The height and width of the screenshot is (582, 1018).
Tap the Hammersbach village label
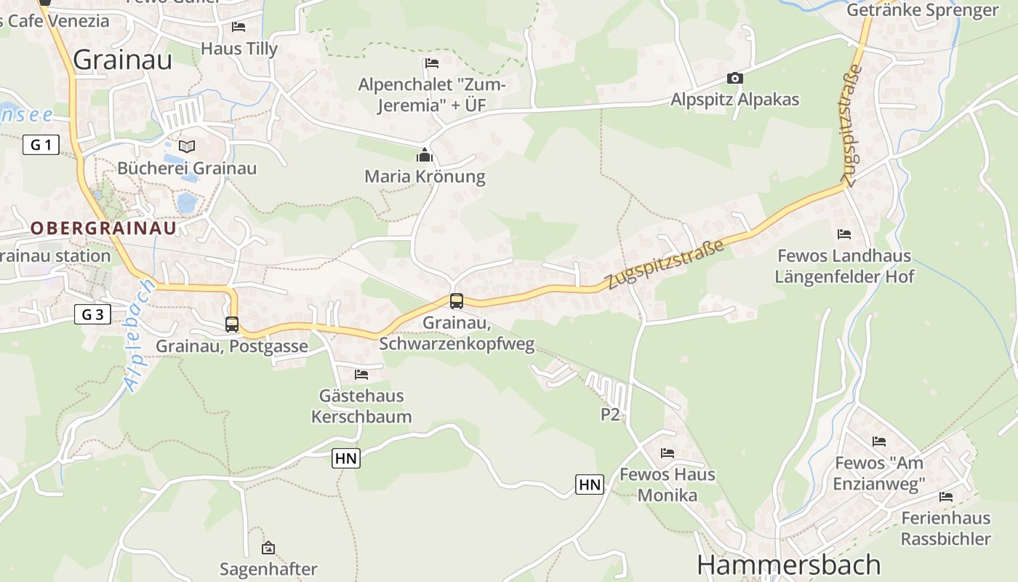coord(788,565)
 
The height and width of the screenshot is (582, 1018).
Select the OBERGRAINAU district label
coord(103,228)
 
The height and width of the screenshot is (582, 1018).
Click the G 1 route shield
coord(41,145)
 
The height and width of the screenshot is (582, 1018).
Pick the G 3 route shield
coord(92,314)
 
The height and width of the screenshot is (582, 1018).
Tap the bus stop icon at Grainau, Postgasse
coord(232,324)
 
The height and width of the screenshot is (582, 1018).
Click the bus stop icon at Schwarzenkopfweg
coord(457,300)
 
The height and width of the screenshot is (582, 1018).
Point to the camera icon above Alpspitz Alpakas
coord(734,78)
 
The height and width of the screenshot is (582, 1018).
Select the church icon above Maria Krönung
coord(425,155)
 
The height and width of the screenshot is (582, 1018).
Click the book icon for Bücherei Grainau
coord(187,146)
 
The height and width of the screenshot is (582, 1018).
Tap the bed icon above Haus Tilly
coord(239,27)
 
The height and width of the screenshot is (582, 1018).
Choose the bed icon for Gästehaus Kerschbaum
coord(361,375)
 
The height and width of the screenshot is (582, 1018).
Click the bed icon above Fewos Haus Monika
coord(668,453)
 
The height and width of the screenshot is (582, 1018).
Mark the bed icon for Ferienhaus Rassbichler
coord(946,497)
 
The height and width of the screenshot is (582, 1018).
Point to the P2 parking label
coord(610,415)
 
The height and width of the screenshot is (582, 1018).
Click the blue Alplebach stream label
coord(140,336)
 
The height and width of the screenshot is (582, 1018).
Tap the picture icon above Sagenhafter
coord(268,548)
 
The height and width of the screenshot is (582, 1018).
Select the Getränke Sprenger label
coord(923,10)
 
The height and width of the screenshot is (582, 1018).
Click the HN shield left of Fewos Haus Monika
coord(590,484)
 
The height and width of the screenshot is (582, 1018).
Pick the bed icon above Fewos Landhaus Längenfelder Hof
coord(844,234)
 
